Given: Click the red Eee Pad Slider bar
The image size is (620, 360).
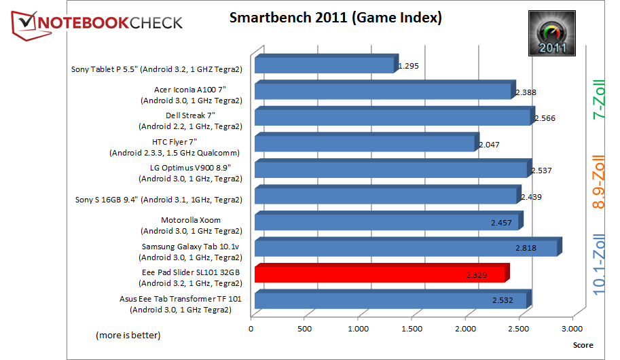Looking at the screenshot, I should (380, 274).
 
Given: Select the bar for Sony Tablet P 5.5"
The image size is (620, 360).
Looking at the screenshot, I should (325, 65).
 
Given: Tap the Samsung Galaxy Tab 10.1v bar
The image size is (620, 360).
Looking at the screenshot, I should (406, 247).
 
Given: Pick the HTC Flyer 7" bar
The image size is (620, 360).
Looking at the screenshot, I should (365, 143).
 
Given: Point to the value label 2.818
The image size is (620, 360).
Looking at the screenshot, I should (525, 248).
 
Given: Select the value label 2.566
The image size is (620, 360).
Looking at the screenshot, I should (545, 118).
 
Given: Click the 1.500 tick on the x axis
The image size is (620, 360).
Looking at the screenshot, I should (412, 329).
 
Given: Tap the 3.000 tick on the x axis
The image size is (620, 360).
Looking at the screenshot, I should (572, 329).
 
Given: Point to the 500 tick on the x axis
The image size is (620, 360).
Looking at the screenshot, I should (305, 329).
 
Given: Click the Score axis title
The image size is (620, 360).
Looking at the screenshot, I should (583, 345).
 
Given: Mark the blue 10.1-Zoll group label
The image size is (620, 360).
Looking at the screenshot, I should (599, 262).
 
